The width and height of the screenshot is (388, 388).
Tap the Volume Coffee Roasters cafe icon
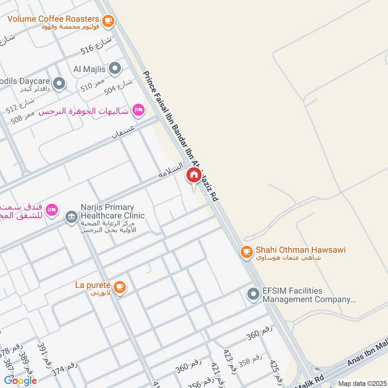pyautogui.click(x=108, y=20)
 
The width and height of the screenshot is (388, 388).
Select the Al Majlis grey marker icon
pyautogui.click(x=115, y=69)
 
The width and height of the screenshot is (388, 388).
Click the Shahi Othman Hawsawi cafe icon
pyautogui.click(x=246, y=251)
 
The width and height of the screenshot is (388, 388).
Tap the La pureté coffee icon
pyautogui.click(x=120, y=287)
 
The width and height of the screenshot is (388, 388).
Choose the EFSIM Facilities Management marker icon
pyautogui.click(x=253, y=294)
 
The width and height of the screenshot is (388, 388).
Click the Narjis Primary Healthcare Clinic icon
pyautogui.click(x=71, y=216)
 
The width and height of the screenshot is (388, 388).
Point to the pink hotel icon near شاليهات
pyautogui.click(x=138, y=111)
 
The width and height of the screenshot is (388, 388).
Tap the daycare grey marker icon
pyautogui.click(x=59, y=84)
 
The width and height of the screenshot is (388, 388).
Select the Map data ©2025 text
pyautogui.click(x=361, y=383)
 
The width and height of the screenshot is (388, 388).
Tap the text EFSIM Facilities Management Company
pyautogui.click(x=308, y=295)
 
